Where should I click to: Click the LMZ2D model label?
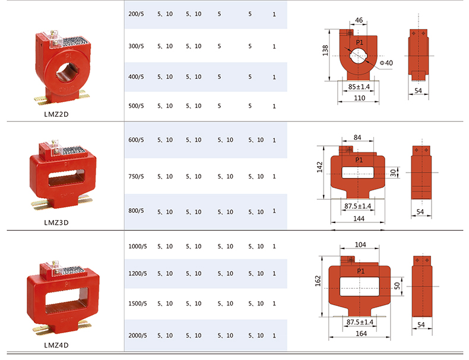[56, 114]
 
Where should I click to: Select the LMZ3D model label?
[56, 222]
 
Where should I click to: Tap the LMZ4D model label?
[56, 345]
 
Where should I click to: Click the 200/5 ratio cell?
[136, 14]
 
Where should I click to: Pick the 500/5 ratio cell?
[136, 106]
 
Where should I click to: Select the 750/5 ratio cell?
[136, 177]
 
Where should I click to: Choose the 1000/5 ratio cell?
[138, 247]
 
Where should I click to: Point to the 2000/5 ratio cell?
[138, 336]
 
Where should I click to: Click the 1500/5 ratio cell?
[138, 304]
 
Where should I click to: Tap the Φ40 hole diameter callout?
[386, 63]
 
